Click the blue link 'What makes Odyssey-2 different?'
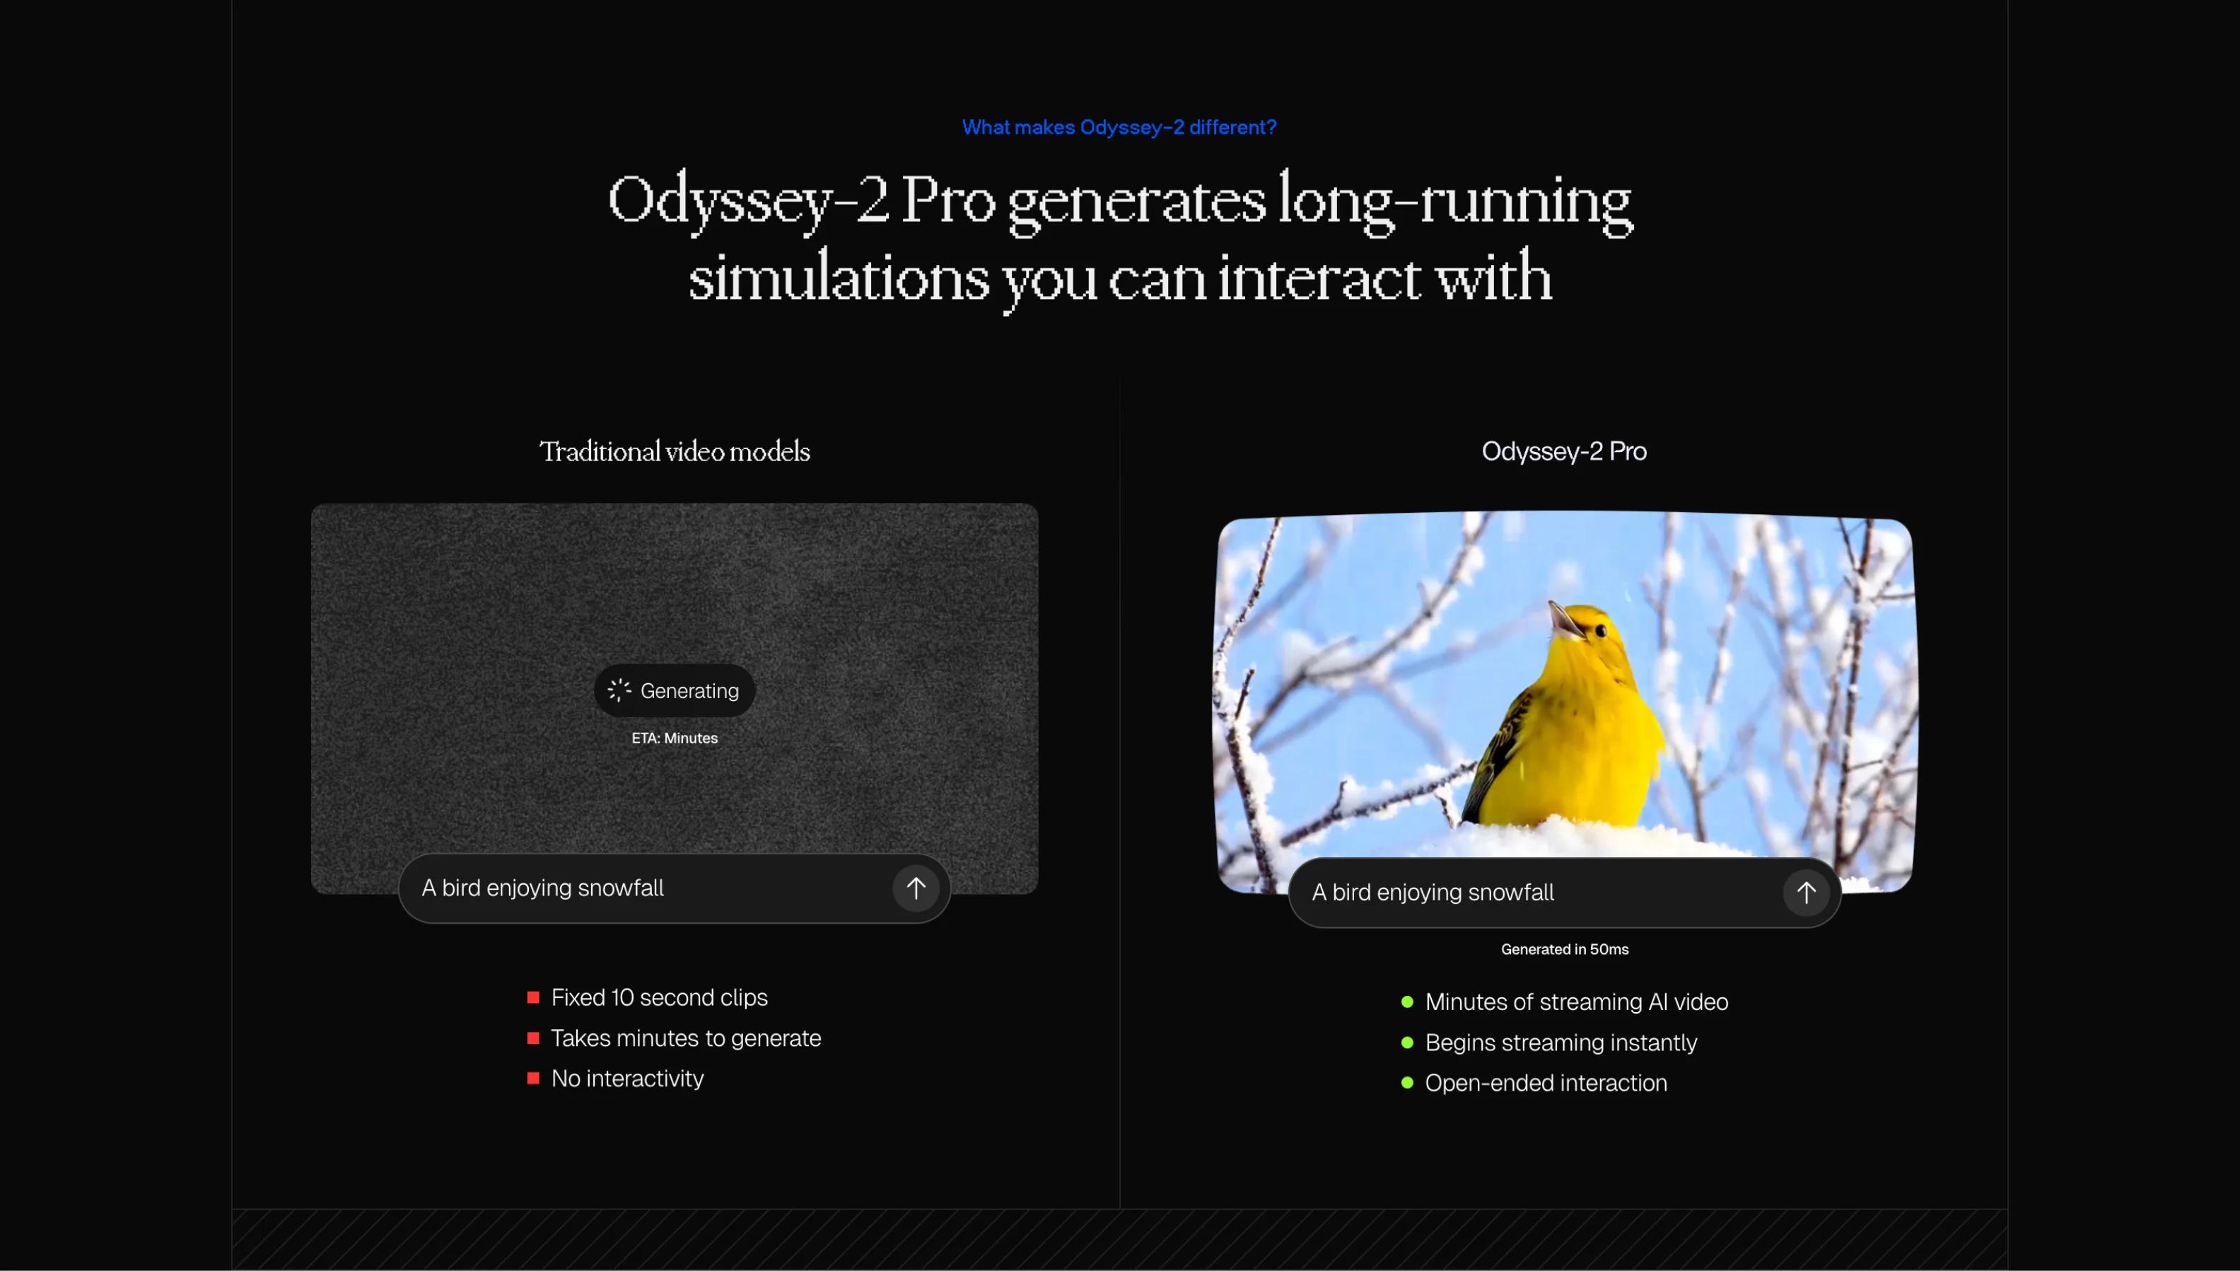point(1119,127)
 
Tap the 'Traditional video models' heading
point(675,451)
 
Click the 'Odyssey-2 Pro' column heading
point(1564,451)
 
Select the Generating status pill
point(675,690)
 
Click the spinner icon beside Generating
point(619,690)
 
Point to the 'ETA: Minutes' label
point(675,738)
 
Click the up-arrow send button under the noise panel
point(916,888)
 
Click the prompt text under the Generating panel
point(543,888)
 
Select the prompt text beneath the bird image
point(1433,892)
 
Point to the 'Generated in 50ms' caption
point(1565,950)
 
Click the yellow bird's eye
point(1600,630)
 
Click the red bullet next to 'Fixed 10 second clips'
point(533,998)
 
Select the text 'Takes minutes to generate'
point(686,1038)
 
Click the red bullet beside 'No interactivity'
point(533,1079)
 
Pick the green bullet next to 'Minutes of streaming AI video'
point(1406,1002)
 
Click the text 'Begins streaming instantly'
point(1561,1043)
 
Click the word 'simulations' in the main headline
point(839,277)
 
